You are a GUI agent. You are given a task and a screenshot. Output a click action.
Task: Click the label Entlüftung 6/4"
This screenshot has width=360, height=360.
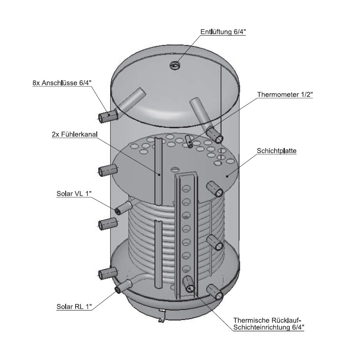click(223, 32)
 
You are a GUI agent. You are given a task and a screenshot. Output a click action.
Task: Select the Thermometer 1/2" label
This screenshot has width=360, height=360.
click(285, 94)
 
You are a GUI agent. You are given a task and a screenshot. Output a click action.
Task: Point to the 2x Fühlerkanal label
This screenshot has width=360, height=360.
click(75, 134)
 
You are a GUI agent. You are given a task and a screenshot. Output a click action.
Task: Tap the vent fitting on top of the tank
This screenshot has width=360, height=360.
click(175, 66)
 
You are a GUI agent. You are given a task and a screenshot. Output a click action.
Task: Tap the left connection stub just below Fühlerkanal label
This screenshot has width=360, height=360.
click(107, 171)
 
